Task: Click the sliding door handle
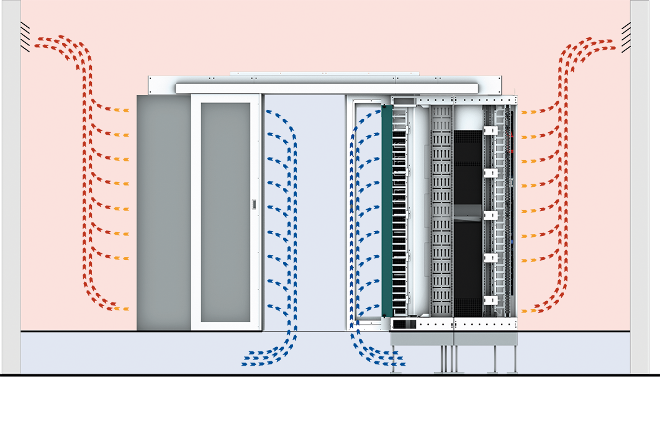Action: click(x=253, y=204)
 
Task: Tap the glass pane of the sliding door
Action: click(x=226, y=211)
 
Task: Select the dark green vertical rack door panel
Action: click(x=387, y=211)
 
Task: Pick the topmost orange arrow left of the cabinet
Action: click(x=122, y=111)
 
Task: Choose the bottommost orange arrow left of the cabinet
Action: click(x=122, y=309)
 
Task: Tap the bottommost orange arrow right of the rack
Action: click(x=527, y=310)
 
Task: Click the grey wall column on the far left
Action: click(x=11, y=186)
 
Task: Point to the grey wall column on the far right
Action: click(x=640, y=186)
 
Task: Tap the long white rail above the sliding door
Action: click(x=327, y=88)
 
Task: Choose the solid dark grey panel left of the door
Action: click(x=163, y=211)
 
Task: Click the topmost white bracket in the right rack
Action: click(x=489, y=131)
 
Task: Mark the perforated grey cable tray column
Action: click(x=441, y=211)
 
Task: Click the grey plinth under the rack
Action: click(x=454, y=338)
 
